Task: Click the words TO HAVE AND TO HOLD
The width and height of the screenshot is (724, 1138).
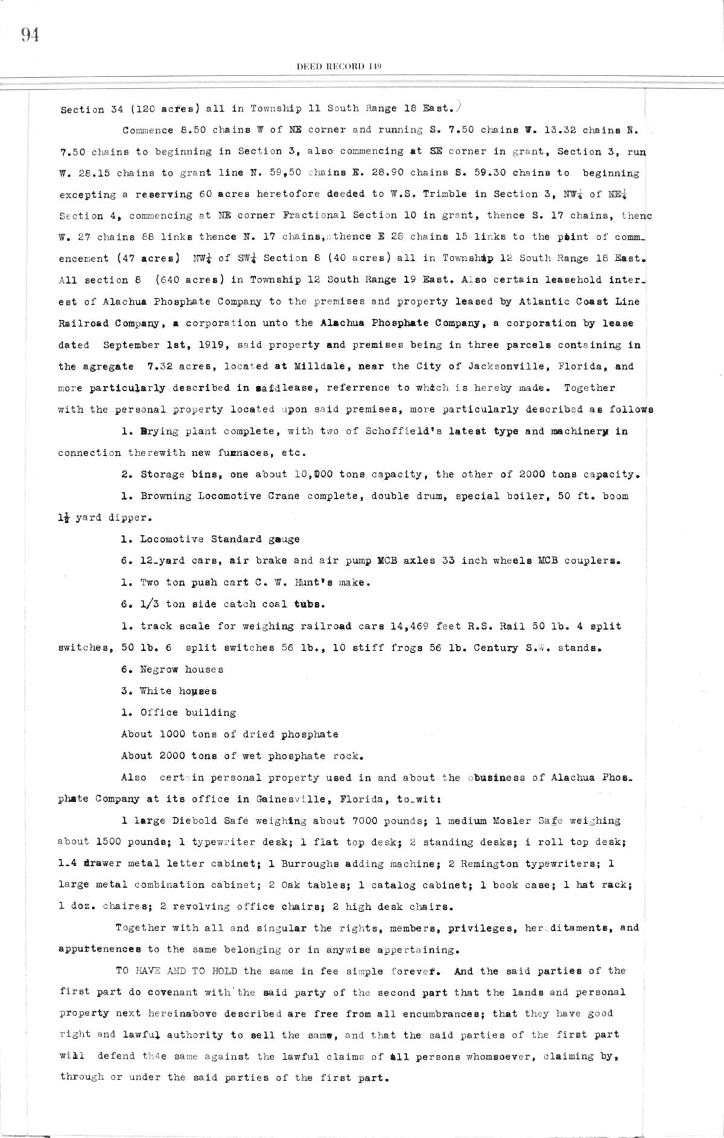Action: click(x=176, y=971)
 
